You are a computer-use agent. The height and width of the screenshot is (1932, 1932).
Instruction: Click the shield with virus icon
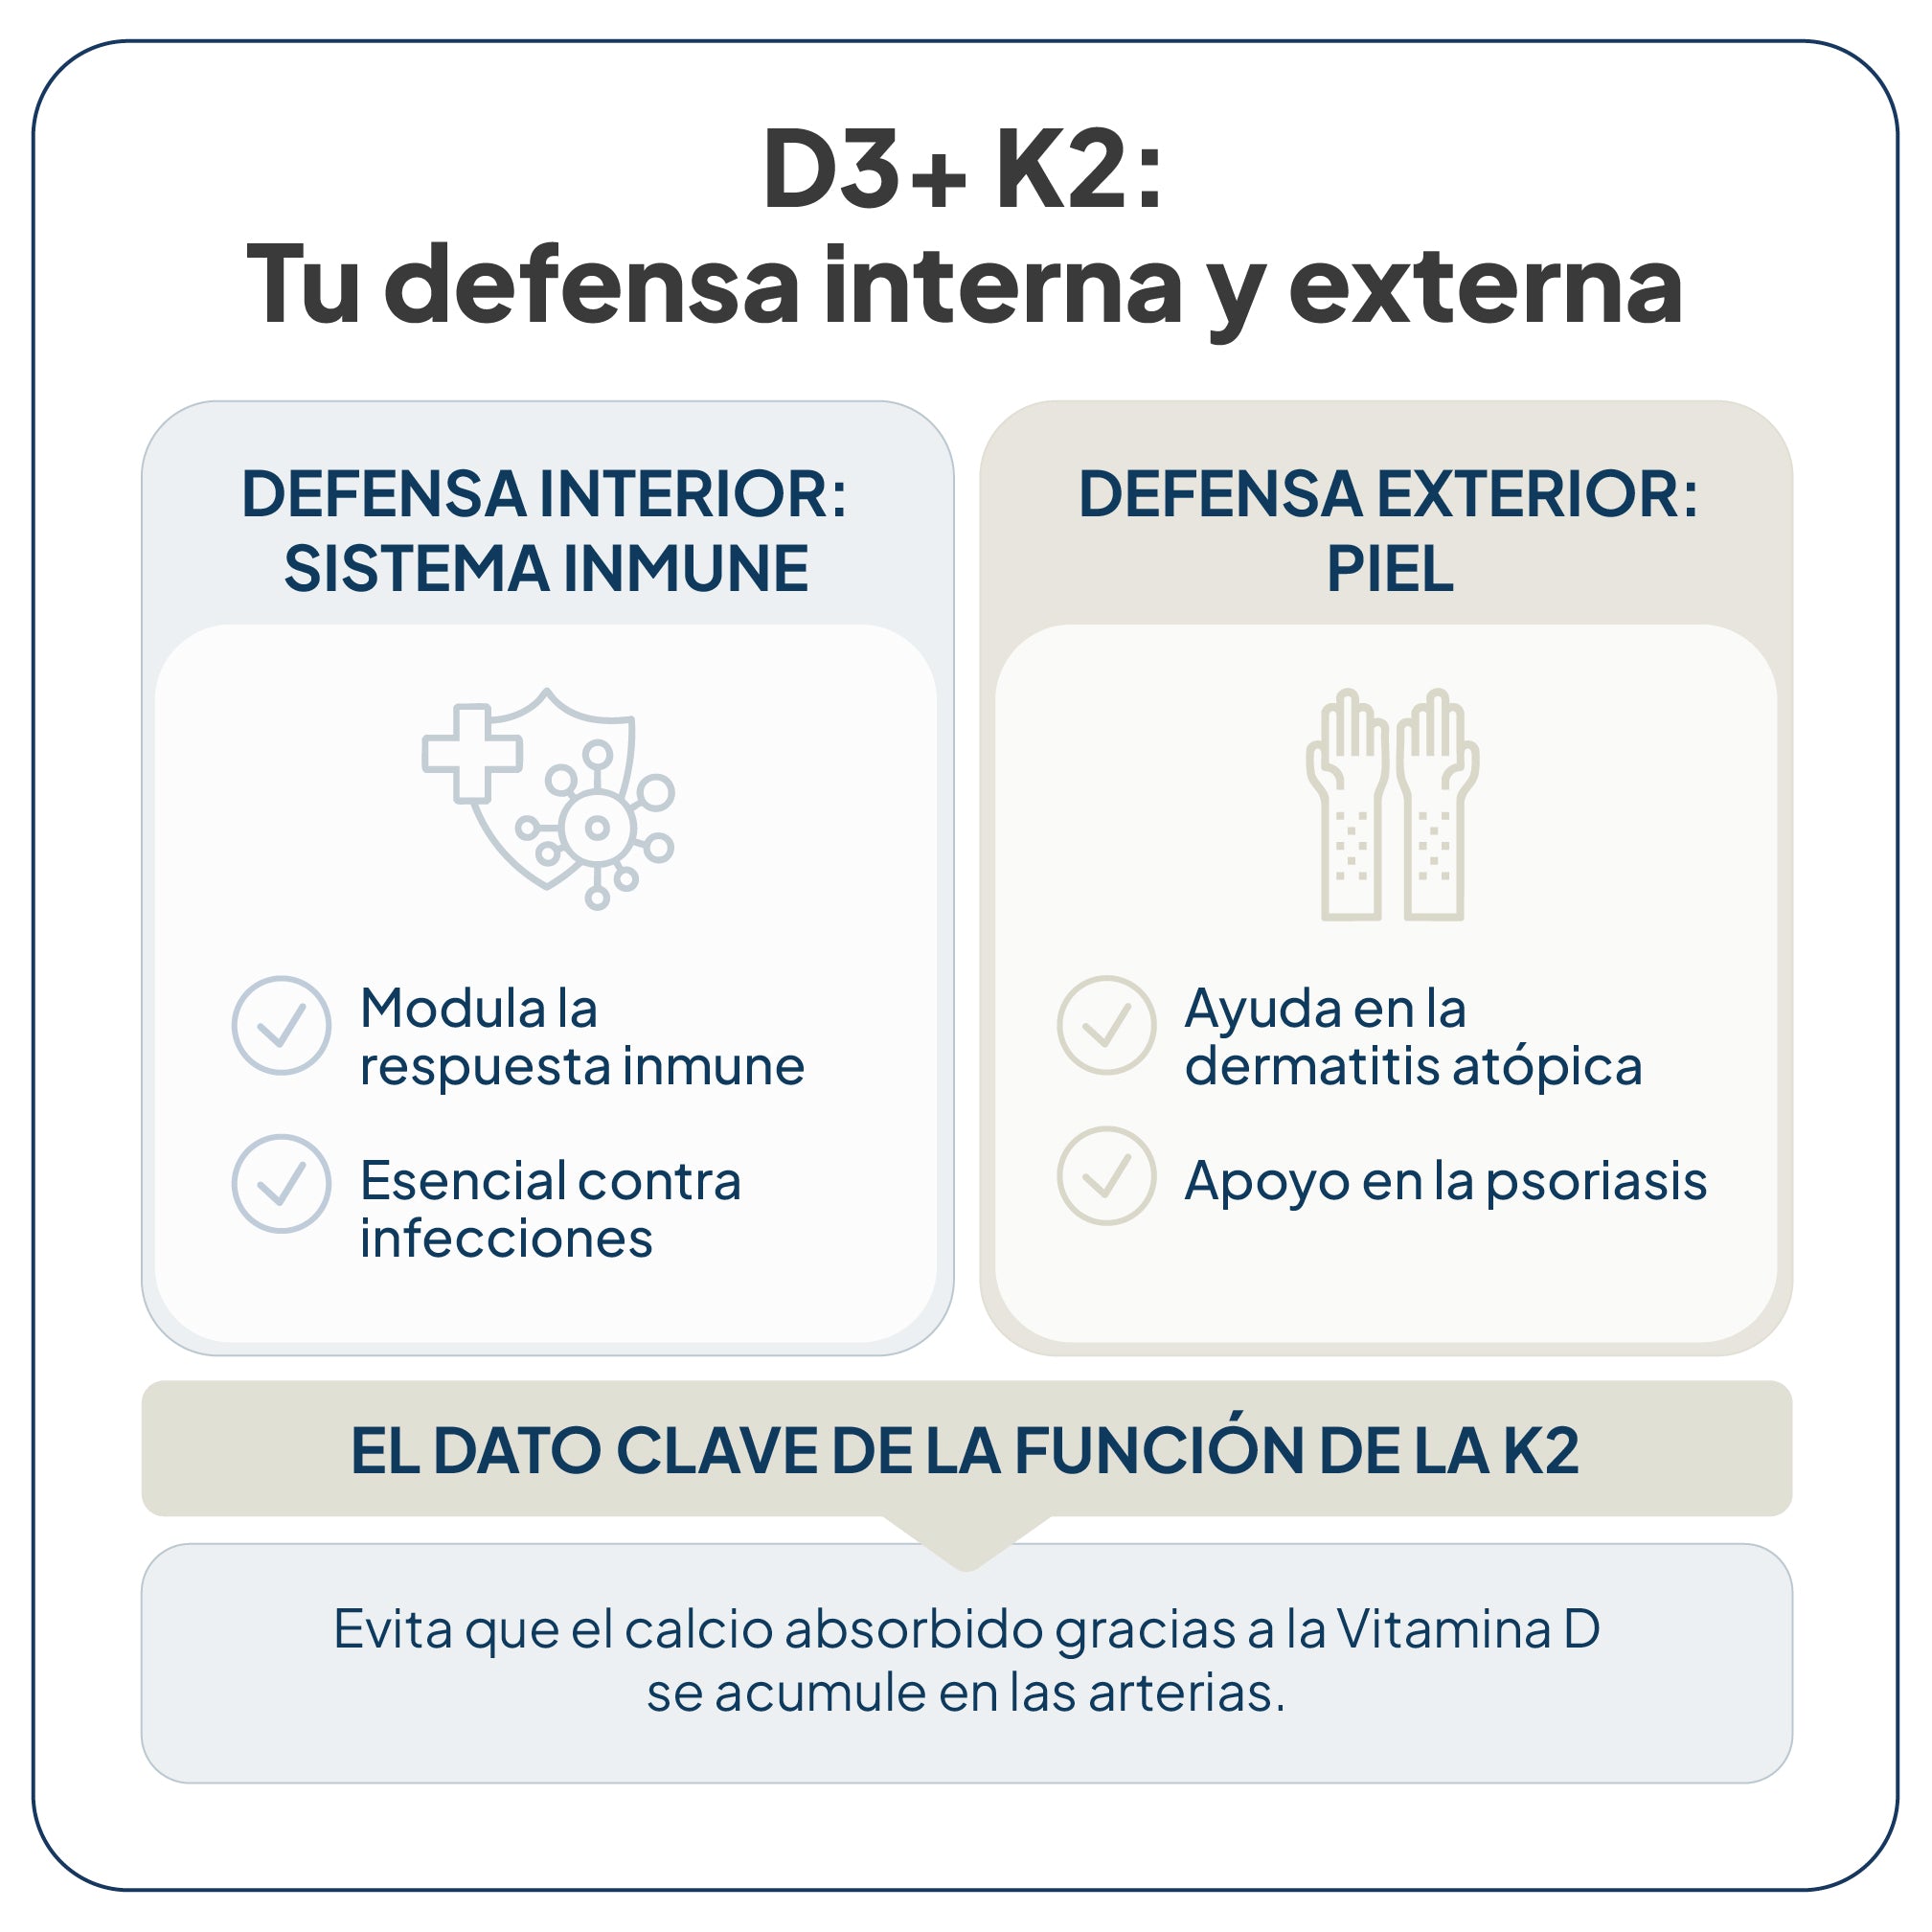pos(548,798)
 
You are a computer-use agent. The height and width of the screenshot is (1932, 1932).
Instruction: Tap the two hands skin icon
pos(1392,804)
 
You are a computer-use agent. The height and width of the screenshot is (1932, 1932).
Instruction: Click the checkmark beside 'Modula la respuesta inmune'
pos(281,1025)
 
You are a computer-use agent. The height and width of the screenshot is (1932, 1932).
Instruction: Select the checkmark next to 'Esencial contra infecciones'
pos(281,1183)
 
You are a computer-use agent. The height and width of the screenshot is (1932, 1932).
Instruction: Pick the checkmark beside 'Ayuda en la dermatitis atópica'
pos(1107,1025)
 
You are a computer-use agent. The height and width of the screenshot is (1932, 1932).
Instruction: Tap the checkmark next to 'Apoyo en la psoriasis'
pos(1107,1176)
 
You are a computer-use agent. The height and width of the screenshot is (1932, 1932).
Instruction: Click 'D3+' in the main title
pos(866,170)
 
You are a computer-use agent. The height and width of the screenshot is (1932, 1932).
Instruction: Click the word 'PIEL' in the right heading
pos(1390,569)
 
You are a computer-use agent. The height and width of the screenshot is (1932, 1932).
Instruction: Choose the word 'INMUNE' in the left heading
pos(686,569)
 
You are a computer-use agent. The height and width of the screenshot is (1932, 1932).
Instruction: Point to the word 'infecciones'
pos(506,1239)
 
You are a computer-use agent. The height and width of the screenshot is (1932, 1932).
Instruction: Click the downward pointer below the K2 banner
pos(966,1543)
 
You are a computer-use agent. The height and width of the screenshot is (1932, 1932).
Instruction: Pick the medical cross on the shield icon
pos(472,754)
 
